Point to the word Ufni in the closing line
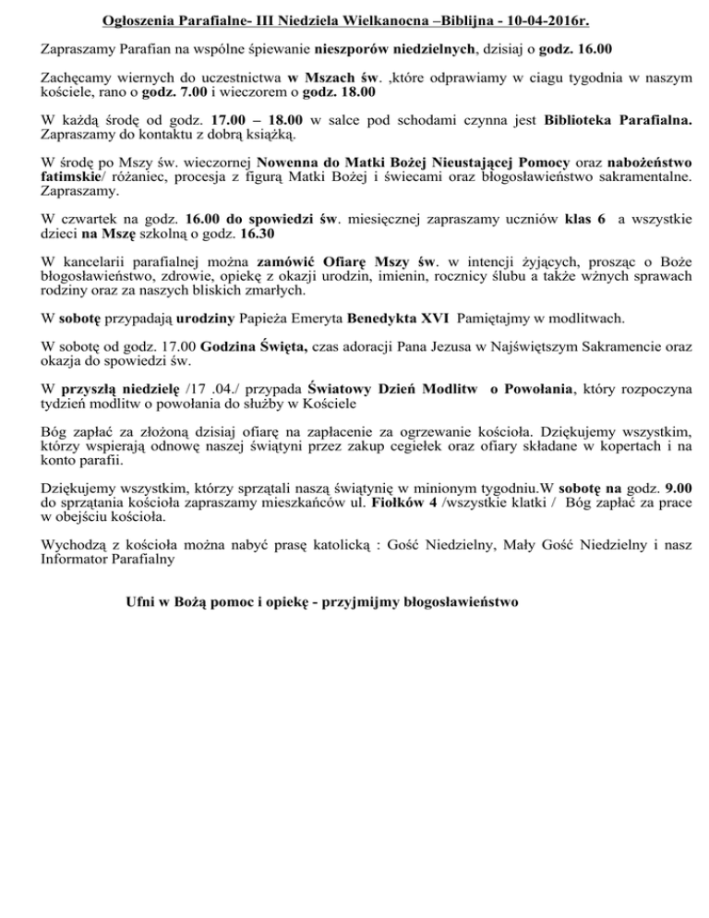coord(141,600)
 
